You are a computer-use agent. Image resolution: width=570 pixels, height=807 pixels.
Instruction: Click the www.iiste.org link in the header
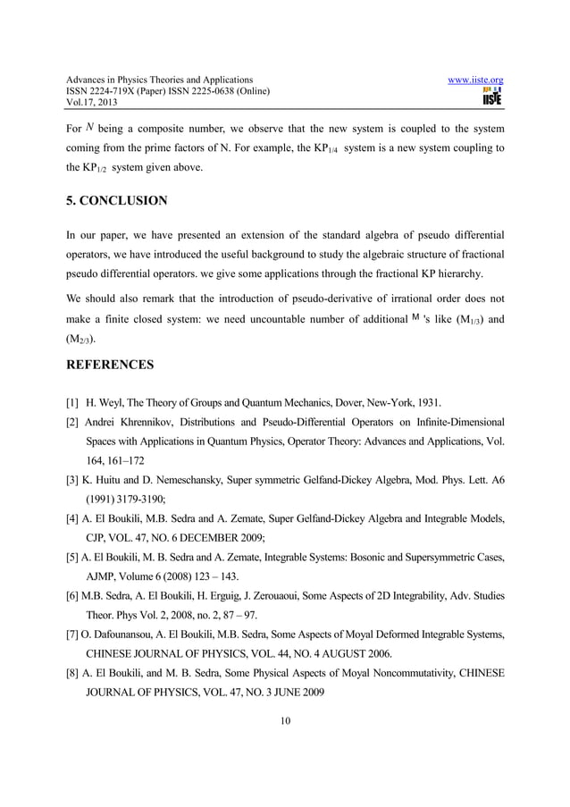[480, 80]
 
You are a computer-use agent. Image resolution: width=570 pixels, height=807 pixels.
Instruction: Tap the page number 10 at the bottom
[284, 722]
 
